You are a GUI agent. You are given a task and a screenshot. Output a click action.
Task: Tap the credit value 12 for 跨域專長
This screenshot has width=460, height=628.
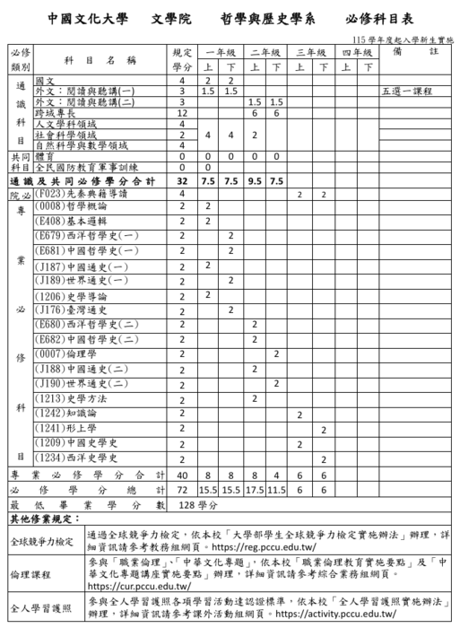point(182,114)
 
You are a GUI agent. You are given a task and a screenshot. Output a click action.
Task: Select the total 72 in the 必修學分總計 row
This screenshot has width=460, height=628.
point(182,490)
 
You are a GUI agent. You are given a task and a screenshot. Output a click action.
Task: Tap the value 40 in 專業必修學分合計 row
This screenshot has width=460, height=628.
point(182,474)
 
